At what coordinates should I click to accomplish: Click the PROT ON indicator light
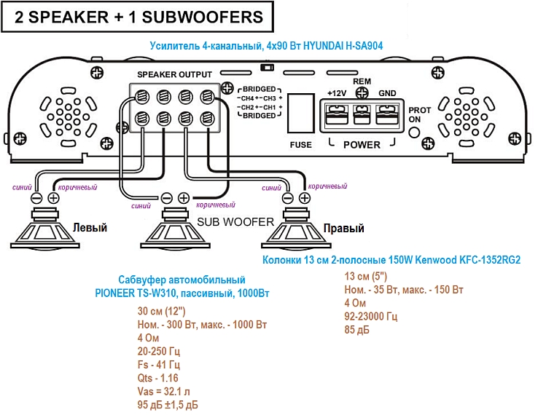click(x=415, y=132)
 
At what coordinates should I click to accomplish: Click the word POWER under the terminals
click(x=362, y=144)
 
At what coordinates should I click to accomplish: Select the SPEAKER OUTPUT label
click(x=174, y=74)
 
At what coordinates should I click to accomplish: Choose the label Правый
click(x=347, y=229)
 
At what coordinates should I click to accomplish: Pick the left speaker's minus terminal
click(x=37, y=197)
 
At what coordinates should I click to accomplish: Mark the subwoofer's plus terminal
click(x=183, y=197)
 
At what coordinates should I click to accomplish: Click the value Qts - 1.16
click(x=157, y=378)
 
